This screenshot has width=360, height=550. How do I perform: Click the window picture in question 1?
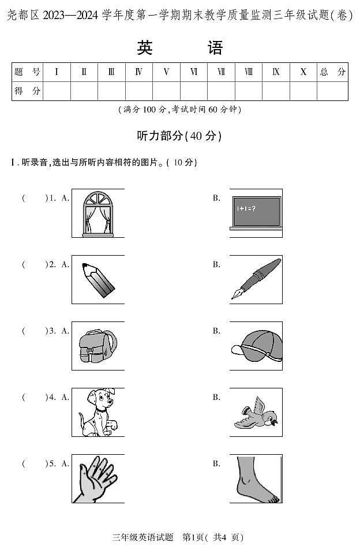97,213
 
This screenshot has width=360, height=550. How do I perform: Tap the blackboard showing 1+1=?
256,213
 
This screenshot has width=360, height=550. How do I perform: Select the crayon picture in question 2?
97,280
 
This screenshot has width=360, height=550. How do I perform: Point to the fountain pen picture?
256,279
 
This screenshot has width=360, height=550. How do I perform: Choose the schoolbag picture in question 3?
97,346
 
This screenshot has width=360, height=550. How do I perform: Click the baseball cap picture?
256,346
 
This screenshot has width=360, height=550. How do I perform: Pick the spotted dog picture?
97,412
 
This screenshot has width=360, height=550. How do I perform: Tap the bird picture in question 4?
256,412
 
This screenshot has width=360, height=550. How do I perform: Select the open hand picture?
97,478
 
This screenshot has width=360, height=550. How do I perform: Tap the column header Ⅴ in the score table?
166,72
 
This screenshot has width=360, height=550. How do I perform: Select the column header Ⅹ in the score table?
303,72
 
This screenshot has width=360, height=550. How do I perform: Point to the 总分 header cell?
333,72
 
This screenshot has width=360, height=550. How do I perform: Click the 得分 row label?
27,91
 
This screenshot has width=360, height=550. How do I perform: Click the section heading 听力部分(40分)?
179,136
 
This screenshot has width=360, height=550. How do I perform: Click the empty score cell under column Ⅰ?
57,91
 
